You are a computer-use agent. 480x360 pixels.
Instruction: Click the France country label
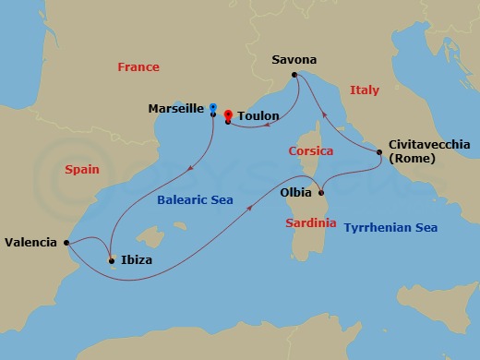coord(138,66)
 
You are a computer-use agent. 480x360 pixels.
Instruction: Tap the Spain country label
coord(82,170)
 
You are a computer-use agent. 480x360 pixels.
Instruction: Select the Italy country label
coord(365,90)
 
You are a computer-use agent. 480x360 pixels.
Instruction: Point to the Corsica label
coord(310,150)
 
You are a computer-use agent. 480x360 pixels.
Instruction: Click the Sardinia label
coord(311,222)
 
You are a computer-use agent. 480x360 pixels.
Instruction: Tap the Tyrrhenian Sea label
coord(390,227)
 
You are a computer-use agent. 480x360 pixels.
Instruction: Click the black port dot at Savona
coord(294,75)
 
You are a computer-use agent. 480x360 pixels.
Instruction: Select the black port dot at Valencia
coord(67,243)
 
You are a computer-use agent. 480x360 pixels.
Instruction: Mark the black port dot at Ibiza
coord(112,261)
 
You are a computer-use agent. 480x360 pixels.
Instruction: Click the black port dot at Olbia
coord(321,193)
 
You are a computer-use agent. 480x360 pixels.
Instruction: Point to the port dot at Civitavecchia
coord(378,152)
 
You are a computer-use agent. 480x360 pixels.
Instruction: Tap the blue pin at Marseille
coord(213,107)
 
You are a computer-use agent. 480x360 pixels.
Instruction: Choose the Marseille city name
coord(176,109)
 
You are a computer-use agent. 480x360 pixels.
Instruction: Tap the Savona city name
coord(294,60)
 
